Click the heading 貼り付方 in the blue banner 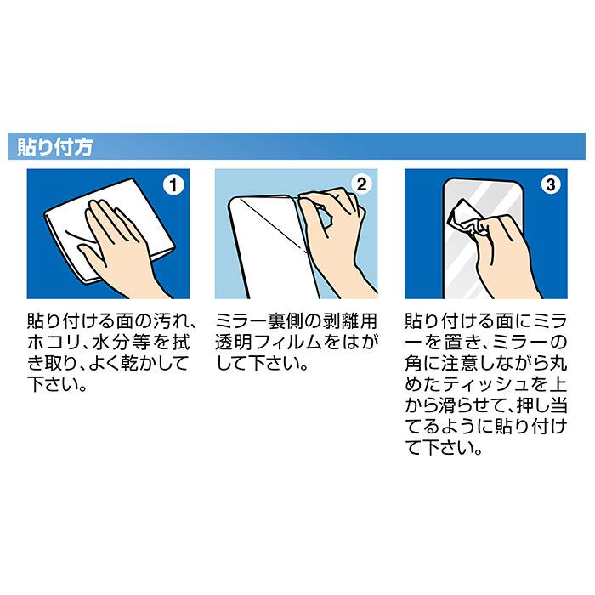tap(55, 147)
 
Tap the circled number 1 tap(173, 185)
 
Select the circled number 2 tap(361, 184)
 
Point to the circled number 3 tap(551, 184)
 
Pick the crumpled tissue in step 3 tap(464, 221)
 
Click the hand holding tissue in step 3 tap(505, 258)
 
